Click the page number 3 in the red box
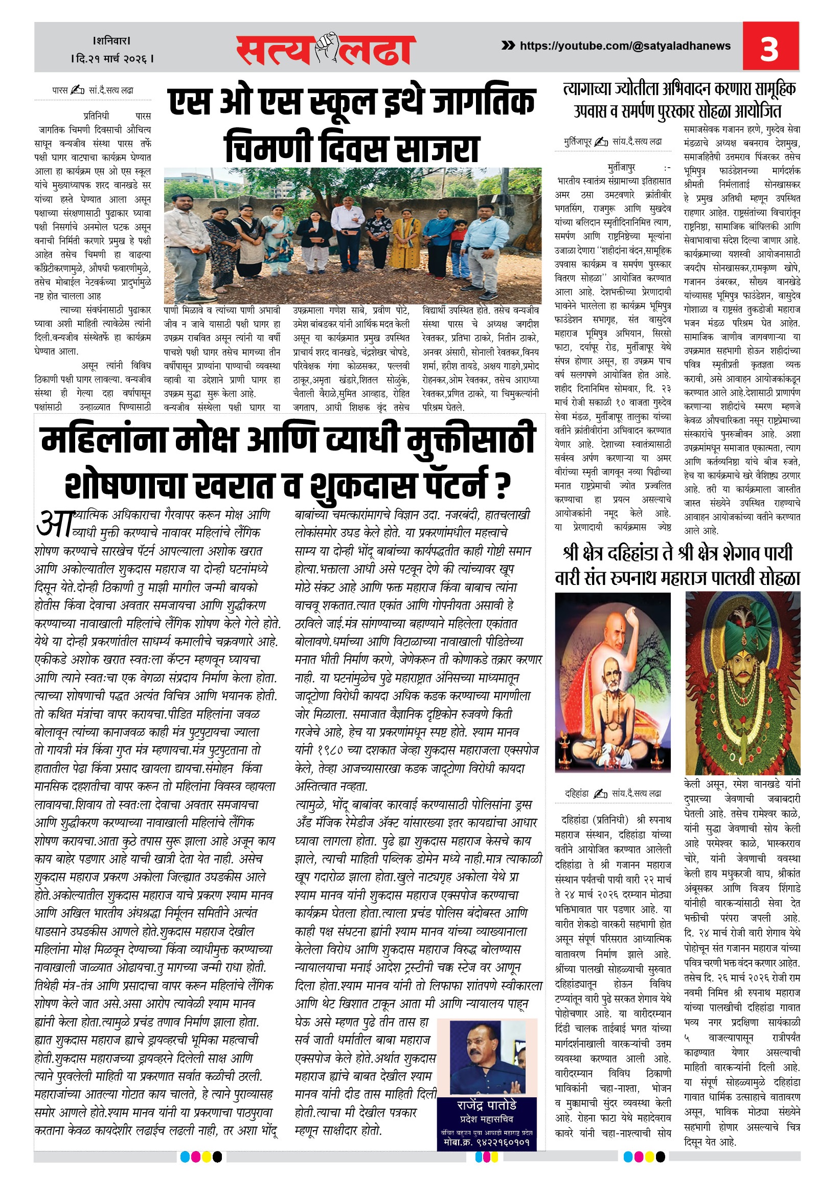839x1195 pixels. [x=769, y=49]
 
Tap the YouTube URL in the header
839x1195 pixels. [x=625, y=46]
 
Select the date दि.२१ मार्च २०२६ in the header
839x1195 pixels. [x=112, y=59]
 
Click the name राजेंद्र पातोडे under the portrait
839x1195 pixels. [x=486, y=1104]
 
